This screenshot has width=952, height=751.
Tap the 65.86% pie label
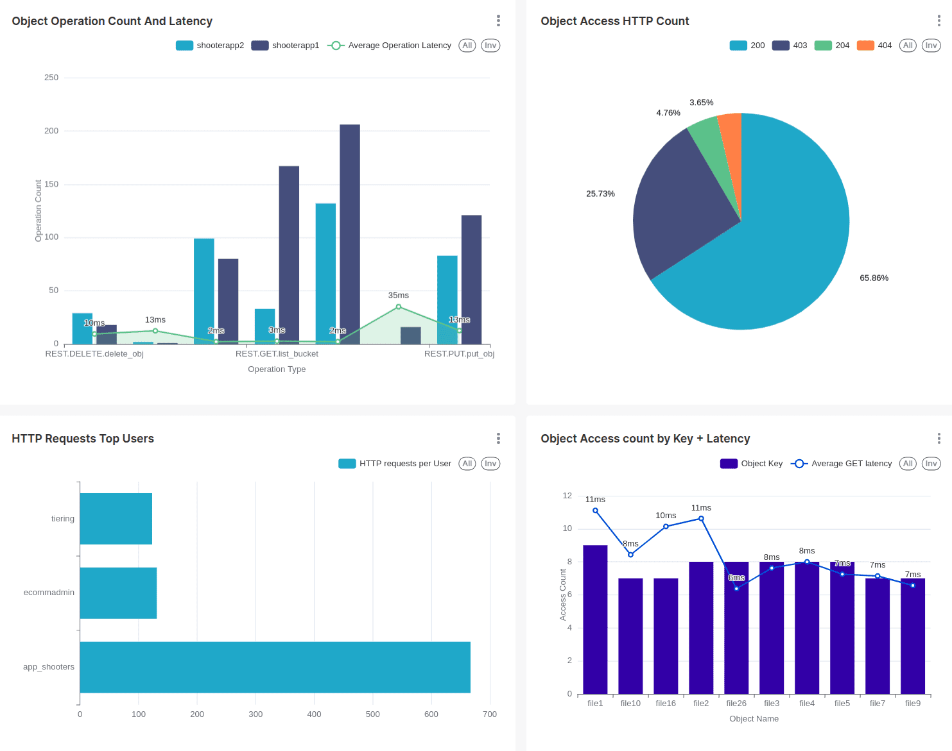pos(874,278)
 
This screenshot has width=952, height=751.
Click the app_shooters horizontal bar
pos(275,667)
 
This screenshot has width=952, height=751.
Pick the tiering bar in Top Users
pos(116,519)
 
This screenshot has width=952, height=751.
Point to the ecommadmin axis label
pos(49,593)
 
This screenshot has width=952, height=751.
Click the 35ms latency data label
pos(398,296)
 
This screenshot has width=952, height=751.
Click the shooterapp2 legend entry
pos(211,46)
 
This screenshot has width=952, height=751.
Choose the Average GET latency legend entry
pos(841,464)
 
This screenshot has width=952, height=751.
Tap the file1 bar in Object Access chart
pos(595,620)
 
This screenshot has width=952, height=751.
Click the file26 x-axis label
pos(736,704)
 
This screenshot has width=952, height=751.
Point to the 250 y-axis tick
pos(51,78)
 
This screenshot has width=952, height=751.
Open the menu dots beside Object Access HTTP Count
pos(939,21)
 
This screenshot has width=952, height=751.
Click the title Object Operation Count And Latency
pos(112,21)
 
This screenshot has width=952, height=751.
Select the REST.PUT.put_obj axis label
pos(459,354)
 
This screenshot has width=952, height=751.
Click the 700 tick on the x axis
pos(490,714)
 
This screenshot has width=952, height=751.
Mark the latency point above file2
pos(701,519)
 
